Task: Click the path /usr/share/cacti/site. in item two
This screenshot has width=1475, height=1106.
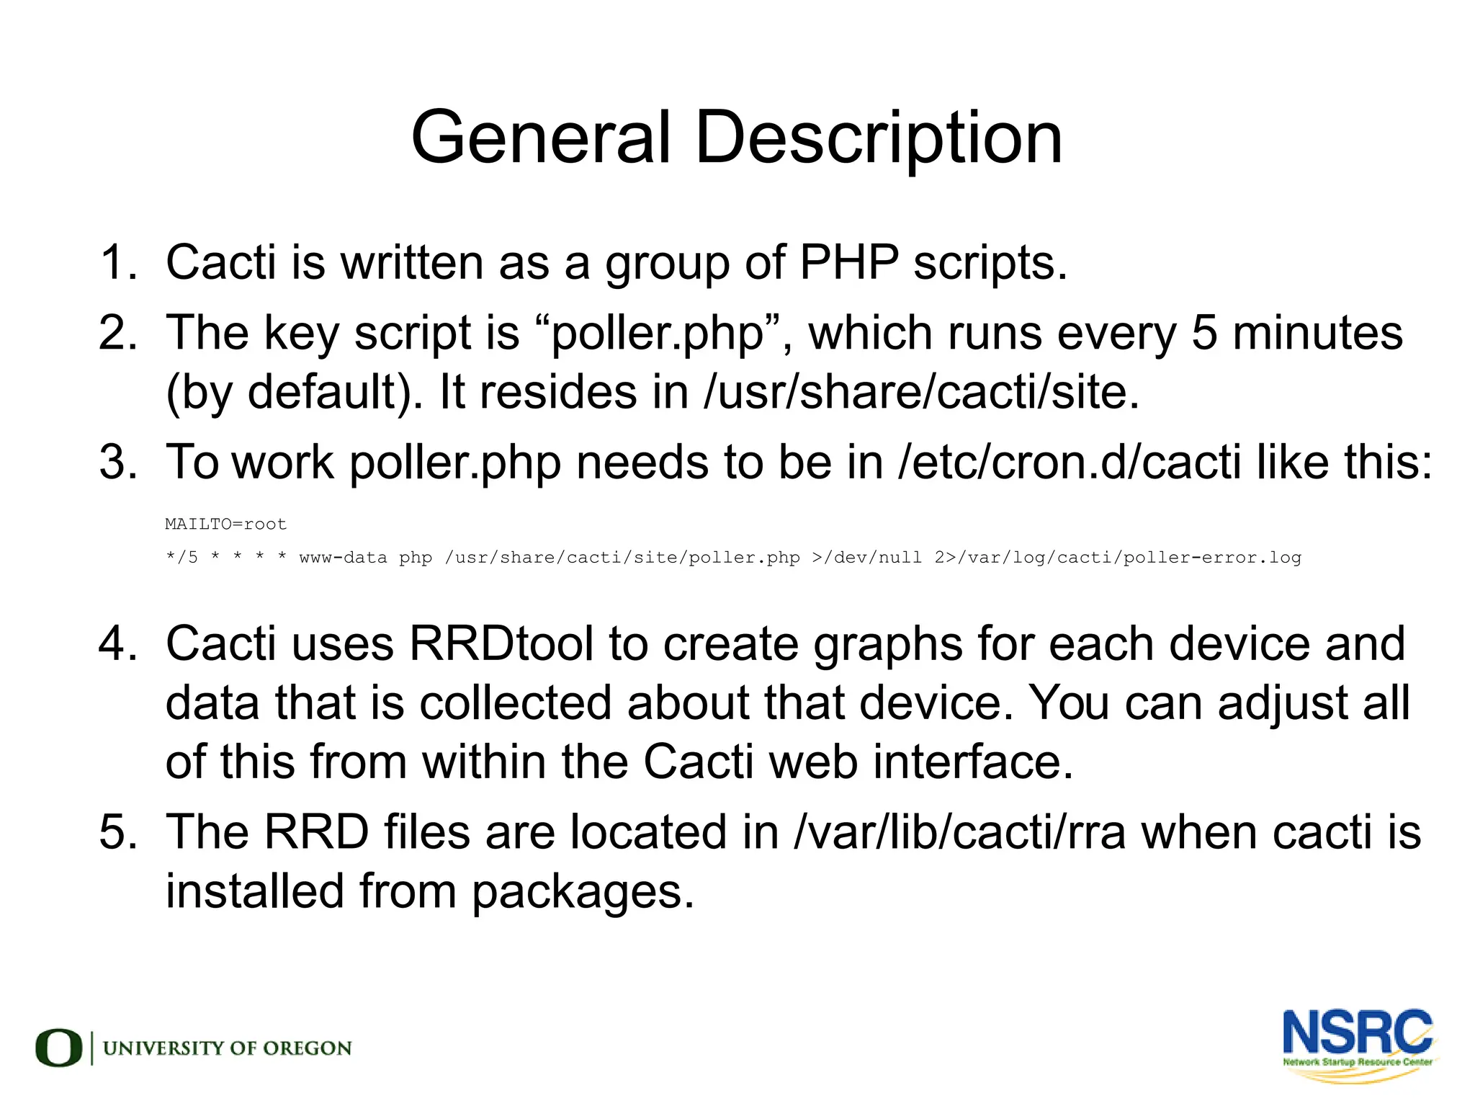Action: click(921, 393)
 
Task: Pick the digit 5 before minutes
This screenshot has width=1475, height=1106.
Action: click(1205, 334)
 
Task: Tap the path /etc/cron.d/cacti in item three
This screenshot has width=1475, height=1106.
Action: click(1070, 462)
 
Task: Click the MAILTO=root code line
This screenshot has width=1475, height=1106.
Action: click(225, 524)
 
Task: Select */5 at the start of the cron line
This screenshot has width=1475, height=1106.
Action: click(181, 557)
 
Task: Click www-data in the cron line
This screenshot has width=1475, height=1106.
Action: click(343, 557)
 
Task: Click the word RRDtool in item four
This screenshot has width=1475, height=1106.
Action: click(501, 643)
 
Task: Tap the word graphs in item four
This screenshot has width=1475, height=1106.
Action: click(887, 644)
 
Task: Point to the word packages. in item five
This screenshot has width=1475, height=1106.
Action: click(583, 892)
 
